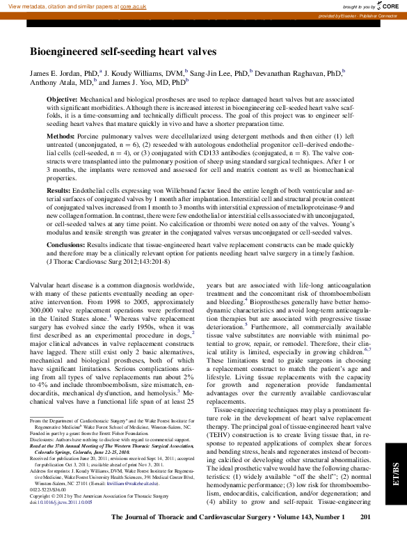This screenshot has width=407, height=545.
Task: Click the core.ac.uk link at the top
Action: point(126,6)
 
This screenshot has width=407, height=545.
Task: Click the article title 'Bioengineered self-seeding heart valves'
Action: point(122,52)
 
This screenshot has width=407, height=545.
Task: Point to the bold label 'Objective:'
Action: point(62,101)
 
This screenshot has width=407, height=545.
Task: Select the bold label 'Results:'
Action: point(58,190)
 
